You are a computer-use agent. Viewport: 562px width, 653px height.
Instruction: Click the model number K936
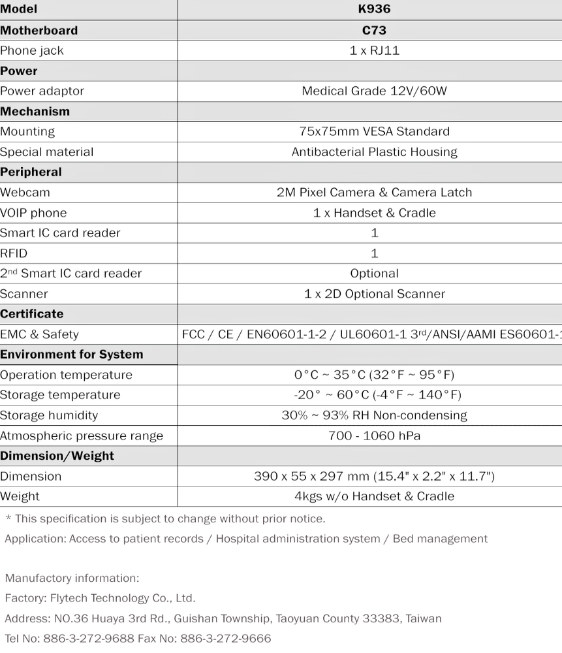tap(374, 9)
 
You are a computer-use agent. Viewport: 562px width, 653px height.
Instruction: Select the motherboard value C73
tap(374, 30)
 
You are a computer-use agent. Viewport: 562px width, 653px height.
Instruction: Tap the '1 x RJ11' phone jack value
tap(374, 50)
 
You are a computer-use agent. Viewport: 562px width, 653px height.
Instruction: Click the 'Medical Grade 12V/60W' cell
tap(374, 91)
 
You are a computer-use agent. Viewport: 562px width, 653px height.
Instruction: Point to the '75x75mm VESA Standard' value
tap(374, 131)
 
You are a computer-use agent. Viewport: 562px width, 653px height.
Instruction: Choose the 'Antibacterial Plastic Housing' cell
tap(374, 152)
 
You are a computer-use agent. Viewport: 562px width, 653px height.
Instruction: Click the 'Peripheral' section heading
tap(31, 172)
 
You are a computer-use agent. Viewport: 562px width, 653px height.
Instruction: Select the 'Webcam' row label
tap(25, 193)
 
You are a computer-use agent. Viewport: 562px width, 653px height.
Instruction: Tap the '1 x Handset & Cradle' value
tap(374, 213)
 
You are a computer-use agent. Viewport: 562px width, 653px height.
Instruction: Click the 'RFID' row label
tap(14, 253)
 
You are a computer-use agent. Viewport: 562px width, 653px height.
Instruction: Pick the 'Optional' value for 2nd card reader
tap(374, 274)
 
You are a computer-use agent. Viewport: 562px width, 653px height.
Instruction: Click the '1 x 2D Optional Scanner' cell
tap(374, 294)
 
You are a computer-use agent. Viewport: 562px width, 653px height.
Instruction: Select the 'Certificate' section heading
tap(32, 314)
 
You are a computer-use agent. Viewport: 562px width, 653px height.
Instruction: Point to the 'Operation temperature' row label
tap(66, 375)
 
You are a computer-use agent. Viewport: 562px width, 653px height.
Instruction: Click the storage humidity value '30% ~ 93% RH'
tap(374, 415)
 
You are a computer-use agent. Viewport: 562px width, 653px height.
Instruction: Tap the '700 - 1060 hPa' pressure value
tap(374, 436)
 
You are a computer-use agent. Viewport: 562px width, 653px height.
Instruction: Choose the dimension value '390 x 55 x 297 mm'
tap(374, 476)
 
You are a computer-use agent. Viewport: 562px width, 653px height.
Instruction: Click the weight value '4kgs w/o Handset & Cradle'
tap(374, 496)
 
